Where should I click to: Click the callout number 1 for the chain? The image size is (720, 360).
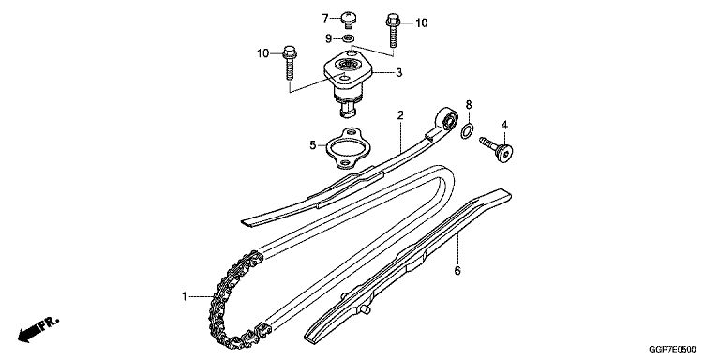(x=184, y=296)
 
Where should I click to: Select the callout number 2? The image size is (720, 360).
(x=400, y=115)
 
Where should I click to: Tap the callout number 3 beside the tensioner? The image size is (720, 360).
(x=399, y=72)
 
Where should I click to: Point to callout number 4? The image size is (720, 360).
(x=504, y=125)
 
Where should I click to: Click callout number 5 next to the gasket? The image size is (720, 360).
(x=313, y=145)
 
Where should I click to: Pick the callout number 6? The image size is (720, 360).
(x=457, y=271)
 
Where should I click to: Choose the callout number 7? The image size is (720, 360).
(x=325, y=19)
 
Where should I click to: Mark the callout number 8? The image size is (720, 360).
(x=469, y=105)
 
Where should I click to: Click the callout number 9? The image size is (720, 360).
(x=328, y=38)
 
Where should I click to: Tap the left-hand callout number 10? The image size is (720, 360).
(x=262, y=53)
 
